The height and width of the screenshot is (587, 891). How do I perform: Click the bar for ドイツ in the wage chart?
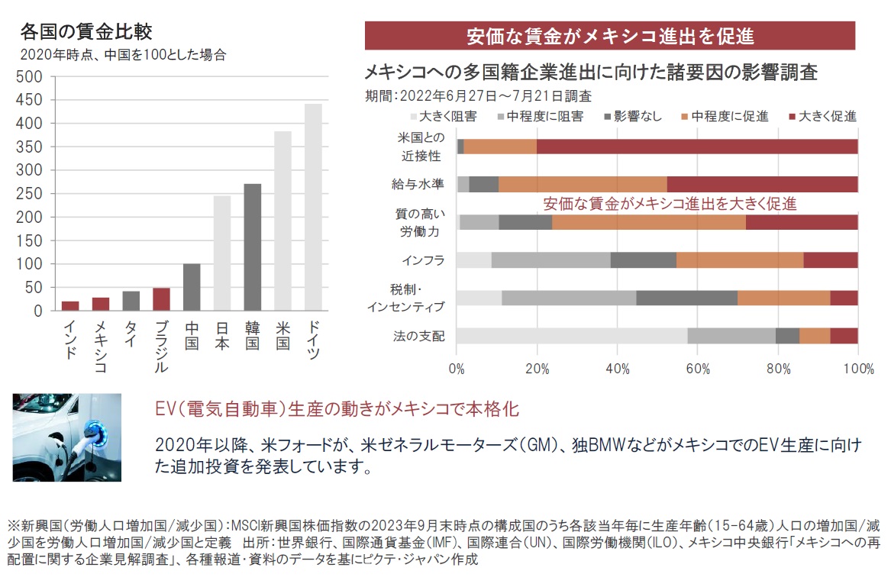point(313,208)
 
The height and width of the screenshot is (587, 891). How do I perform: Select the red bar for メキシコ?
point(100,304)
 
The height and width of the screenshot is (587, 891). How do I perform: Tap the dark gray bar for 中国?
point(191,287)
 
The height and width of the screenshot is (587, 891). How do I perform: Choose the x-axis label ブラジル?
point(161,346)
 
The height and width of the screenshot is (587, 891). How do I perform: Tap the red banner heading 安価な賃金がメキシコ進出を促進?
point(609,36)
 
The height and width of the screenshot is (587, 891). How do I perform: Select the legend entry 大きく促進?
point(827,116)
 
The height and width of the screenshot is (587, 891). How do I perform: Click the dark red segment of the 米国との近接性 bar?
point(696,147)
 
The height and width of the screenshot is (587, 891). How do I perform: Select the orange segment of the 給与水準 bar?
point(583,184)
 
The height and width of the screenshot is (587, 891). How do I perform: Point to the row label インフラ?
point(423,260)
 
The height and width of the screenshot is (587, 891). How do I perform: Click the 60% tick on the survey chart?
point(697,369)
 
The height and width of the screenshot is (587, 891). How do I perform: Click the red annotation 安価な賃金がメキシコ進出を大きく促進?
point(670,204)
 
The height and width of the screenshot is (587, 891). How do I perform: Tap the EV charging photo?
point(66,437)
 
